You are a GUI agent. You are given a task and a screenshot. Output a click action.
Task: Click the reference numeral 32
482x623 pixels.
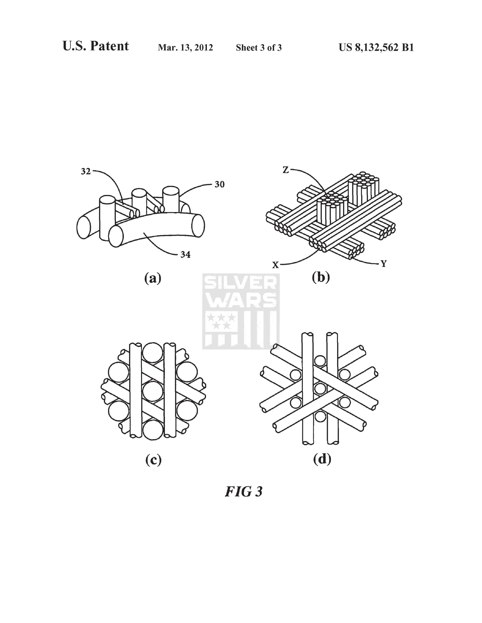tap(86, 172)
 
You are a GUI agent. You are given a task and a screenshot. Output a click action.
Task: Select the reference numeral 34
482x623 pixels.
tap(185, 254)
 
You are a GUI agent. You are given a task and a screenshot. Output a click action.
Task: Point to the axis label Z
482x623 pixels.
tap(286, 170)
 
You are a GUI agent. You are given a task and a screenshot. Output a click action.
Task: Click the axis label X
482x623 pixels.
tap(275, 265)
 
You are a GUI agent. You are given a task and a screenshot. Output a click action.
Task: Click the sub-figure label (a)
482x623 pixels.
tap(153, 278)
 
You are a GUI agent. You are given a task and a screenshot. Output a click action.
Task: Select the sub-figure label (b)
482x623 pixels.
tap(321, 277)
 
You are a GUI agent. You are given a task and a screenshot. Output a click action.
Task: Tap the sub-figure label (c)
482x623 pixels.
tap(153, 460)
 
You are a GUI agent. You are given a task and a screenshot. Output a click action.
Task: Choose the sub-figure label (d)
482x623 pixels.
tap(322, 459)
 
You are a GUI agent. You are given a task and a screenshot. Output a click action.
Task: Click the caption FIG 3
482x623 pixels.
tap(243, 491)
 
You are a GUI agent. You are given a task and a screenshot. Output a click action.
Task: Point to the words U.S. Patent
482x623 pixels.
tap(96, 46)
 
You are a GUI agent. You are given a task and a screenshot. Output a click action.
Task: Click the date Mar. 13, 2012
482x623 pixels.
tap(185, 47)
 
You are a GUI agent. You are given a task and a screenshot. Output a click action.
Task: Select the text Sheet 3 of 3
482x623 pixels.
tap(259, 48)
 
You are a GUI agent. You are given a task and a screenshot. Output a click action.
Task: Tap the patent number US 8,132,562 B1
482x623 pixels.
tap(376, 47)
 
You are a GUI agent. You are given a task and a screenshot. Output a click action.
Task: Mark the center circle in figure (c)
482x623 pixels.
tap(153, 391)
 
